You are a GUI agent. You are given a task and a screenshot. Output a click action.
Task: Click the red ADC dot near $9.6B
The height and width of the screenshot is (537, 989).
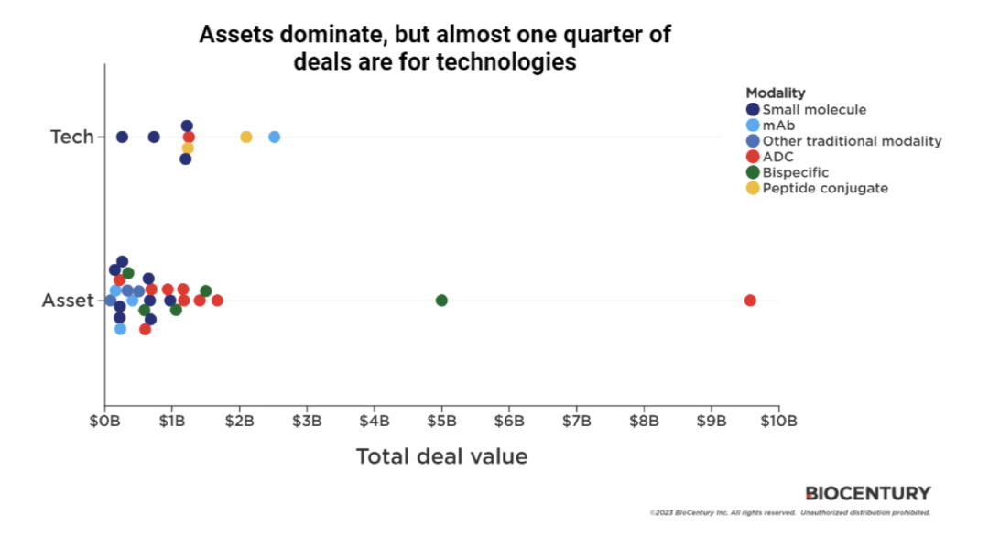(x=750, y=301)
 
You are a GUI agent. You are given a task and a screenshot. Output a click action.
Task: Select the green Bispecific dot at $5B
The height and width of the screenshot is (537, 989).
(x=441, y=301)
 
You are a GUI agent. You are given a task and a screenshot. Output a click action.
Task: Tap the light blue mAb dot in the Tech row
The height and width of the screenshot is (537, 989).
(x=274, y=137)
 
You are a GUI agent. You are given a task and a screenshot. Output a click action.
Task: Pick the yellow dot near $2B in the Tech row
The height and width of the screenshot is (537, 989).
(x=245, y=137)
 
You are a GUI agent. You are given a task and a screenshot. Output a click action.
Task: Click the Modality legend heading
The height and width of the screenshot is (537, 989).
(x=775, y=93)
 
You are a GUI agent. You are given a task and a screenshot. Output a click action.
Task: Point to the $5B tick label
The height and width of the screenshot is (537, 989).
(x=441, y=421)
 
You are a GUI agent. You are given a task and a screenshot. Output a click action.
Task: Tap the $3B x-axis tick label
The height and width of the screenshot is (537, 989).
(x=307, y=421)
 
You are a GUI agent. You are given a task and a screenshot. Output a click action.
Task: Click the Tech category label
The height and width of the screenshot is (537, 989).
(x=72, y=137)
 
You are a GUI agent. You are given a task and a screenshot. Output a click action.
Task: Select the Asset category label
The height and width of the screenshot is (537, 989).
(x=69, y=301)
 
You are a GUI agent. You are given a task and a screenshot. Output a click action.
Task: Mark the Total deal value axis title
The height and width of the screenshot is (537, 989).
(x=441, y=456)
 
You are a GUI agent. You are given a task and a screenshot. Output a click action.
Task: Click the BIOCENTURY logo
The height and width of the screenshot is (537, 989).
(x=867, y=493)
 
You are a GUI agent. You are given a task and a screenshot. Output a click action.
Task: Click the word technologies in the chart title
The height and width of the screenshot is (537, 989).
(x=498, y=62)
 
